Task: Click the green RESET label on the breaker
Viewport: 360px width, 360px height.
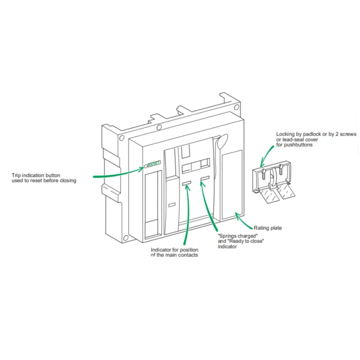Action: click(x=155, y=165)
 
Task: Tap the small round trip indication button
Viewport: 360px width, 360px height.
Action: click(x=146, y=165)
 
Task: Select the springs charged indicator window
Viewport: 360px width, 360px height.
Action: click(x=205, y=179)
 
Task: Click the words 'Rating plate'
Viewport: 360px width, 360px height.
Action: click(x=268, y=228)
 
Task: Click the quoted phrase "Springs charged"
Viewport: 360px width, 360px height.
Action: click(x=237, y=236)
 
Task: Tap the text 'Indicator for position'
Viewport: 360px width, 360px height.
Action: click(x=173, y=250)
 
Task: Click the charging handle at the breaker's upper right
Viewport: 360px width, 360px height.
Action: click(x=221, y=143)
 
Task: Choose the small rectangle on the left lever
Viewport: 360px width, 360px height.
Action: click(x=172, y=205)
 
